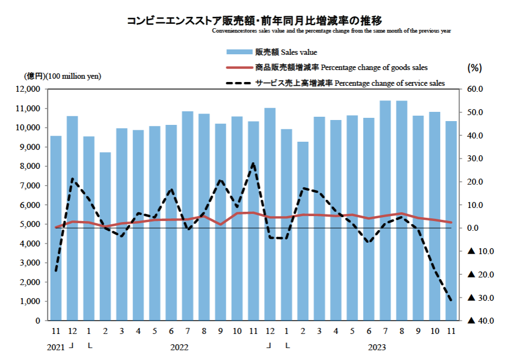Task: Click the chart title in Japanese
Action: (x=254, y=21)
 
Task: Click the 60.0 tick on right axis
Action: (x=483, y=89)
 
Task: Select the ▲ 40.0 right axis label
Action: (x=479, y=321)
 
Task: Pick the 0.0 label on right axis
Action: (x=483, y=228)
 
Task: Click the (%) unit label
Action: (x=474, y=68)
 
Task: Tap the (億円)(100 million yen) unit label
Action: (x=62, y=76)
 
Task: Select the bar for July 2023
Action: (x=385, y=211)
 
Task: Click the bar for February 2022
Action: (x=105, y=236)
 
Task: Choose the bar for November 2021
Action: (x=56, y=228)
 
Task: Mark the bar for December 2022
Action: (x=270, y=214)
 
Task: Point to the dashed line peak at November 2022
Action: (x=253, y=163)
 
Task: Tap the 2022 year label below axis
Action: (x=179, y=346)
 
